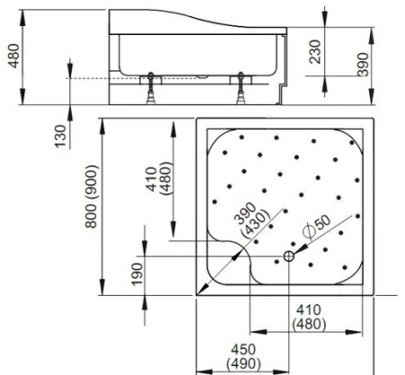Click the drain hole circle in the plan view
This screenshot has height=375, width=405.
(289, 257)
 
